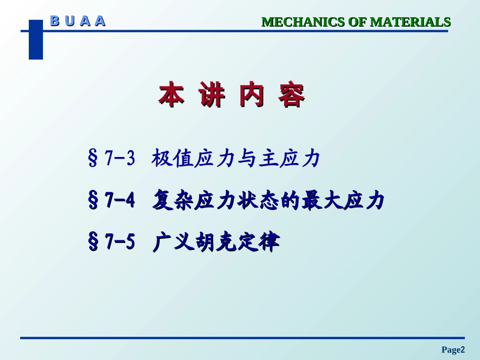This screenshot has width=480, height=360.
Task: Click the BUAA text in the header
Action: tap(78, 21)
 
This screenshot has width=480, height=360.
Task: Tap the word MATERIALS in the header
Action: tap(410, 22)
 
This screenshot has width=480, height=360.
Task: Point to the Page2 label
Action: tap(453, 349)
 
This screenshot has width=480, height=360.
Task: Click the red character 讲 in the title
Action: tap(211, 95)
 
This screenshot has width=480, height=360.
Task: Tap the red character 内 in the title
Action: tap(251, 95)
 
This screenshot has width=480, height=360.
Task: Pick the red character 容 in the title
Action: tap(292, 95)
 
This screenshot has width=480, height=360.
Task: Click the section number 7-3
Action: tap(120, 160)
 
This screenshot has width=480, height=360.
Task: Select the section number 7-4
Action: tap(120, 201)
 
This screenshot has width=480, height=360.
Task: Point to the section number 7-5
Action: tap(120, 243)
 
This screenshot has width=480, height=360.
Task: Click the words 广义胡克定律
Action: tap(215, 243)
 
